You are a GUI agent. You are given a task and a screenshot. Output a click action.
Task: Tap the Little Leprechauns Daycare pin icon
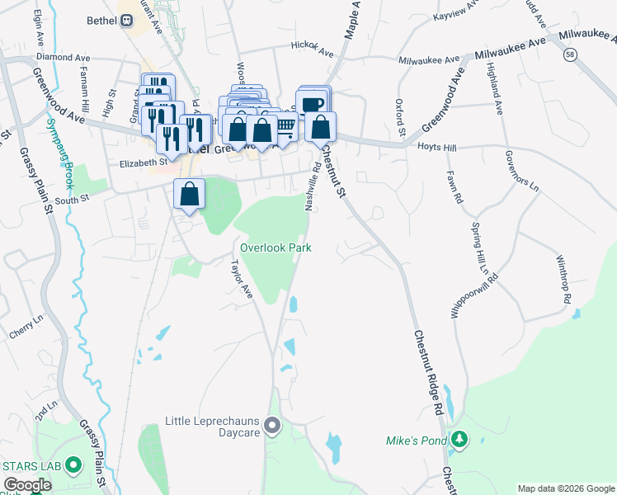coord(274,427)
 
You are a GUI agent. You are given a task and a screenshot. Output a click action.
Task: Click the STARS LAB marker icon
coord(73,466)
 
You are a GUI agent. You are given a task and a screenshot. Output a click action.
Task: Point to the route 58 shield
coord(570,54)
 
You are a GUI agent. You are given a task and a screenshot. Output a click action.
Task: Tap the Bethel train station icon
coord(126,21)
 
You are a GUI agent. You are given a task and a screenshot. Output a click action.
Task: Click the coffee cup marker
coord(313,104)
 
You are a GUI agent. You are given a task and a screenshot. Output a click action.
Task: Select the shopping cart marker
coord(285,126)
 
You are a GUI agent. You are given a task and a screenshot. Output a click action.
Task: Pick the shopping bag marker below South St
coord(189,195)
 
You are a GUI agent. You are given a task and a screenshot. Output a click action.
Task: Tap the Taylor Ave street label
coord(242,278)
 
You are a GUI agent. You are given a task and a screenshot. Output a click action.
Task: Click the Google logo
coord(27,485)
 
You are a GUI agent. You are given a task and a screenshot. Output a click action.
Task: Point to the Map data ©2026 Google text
coord(564,488)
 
